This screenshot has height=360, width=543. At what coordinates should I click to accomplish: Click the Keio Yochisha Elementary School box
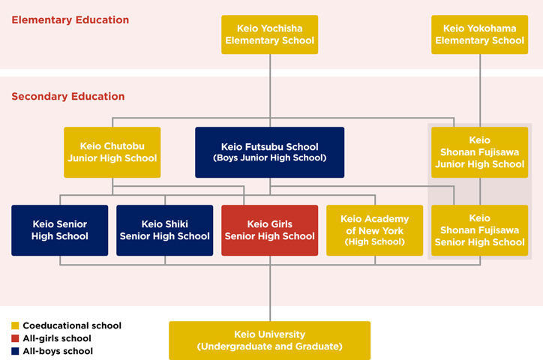click(269, 34)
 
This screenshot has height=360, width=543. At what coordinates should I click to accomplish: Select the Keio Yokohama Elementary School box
click(479, 34)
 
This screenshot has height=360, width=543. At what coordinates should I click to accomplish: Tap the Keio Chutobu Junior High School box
click(112, 152)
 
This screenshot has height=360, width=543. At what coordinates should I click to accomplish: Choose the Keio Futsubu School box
click(269, 152)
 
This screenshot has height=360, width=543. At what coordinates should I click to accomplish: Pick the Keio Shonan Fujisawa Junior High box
click(479, 152)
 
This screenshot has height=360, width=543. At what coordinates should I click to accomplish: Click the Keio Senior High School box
click(60, 230)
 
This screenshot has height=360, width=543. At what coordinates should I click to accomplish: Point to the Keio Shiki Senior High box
click(165, 230)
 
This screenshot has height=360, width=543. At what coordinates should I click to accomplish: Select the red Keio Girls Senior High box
click(269, 230)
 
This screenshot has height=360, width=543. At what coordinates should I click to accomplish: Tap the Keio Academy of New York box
click(374, 230)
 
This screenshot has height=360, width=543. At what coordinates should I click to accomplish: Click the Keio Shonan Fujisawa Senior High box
click(479, 230)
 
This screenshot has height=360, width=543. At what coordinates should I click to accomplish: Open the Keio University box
click(269, 340)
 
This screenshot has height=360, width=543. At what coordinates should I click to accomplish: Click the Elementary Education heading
click(70, 20)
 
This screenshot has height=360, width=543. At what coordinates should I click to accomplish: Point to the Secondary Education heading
click(68, 97)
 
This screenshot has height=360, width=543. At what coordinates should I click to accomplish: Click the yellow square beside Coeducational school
click(15, 326)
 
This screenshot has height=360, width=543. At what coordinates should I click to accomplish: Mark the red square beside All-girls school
click(15, 338)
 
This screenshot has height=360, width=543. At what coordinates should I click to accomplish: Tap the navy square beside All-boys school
click(15, 351)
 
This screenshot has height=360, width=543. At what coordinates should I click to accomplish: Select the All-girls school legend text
click(56, 338)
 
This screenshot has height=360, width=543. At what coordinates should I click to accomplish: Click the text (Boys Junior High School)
click(269, 158)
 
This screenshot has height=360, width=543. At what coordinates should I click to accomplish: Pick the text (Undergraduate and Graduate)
click(269, 346)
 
